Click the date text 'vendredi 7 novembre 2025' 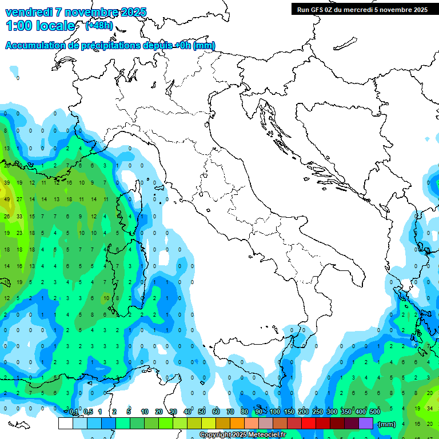pyautogui.click(x=76, y=12)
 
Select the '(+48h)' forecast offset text pyautogui.click(x=99, y=26)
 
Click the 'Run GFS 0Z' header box pyautogui.click(x=362, y=9)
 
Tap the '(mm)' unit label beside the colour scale pyautogui.click(x=387, y=424)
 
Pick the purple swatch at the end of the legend pyautogui.click(x=366, y=424)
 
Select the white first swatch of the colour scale pyautogui.click(x=66, y=424)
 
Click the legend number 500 pyautogui.click(x=375, y=412)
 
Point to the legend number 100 pyautogui.click(x=275, y=412)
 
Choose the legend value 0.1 pyautogui.click(x=74, y=412)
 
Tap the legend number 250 pyautogui.click(x=318, y=412)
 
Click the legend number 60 pyautogui.click(x=216, y=412)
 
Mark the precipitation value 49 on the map pyautogui.click(x=7, y=199)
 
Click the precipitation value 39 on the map pyautogui.click(x=7, y=183)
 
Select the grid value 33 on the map pyautogui.click(x=19, y=216)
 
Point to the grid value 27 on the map pyautogui.click(x=19, y=199)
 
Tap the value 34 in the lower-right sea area pyautogui.click(x=430, y=408)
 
